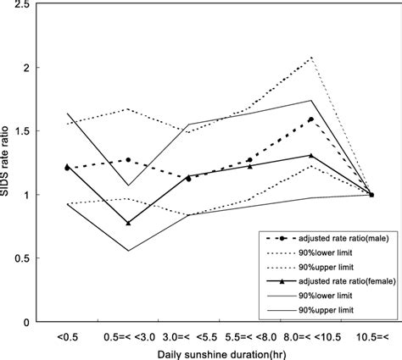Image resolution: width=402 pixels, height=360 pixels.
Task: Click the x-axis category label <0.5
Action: point(67,336)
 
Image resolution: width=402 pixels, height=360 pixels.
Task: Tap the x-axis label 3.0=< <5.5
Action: point(188,336)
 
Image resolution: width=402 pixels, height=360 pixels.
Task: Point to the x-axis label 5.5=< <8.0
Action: point(249,336)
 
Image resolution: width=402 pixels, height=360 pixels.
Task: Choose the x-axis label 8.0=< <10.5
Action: point(311,336)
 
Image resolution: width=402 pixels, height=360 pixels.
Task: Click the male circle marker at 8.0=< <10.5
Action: point(311,119)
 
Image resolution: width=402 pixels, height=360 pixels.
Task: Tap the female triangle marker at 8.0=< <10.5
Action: point(311,155)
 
